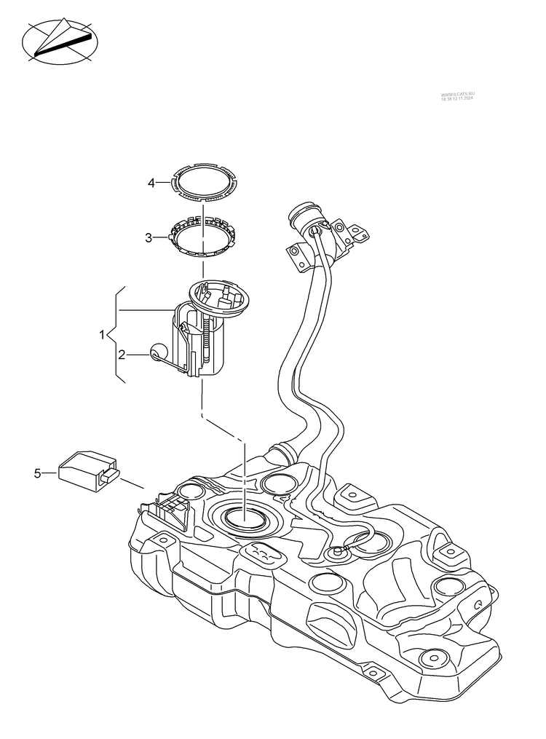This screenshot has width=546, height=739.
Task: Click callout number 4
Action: pyautogui.click(x=151, y=183)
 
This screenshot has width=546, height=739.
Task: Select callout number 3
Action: pyautogui.click(x=149, y=237)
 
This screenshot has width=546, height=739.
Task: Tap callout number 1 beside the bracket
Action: pyautogui.click(x=103, y=335)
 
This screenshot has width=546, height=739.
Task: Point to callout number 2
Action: pyautogui.click(x=122, y=355)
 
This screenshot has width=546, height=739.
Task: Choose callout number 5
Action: pyautogui.click(x=37, y=474)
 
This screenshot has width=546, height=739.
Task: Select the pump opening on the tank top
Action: pyautogui.click(x=245, y=518)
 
